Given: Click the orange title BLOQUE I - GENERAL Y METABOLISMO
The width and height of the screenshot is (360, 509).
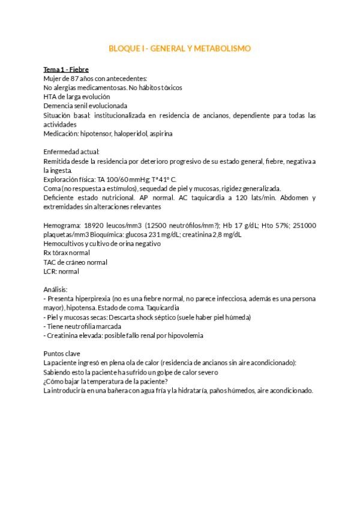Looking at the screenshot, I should click(179, 48).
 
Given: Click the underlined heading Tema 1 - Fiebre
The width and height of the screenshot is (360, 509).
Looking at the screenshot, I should click(66, 70).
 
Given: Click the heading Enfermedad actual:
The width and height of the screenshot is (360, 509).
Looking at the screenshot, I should click(71, 152).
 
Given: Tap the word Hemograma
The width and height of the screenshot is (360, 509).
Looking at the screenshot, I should click(62, 225).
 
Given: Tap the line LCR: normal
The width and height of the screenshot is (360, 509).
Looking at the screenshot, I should click(61, 271).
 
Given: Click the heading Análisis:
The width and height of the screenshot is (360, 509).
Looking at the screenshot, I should click(56, 289).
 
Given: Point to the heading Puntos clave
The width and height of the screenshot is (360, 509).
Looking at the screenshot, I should click(62, 354).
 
